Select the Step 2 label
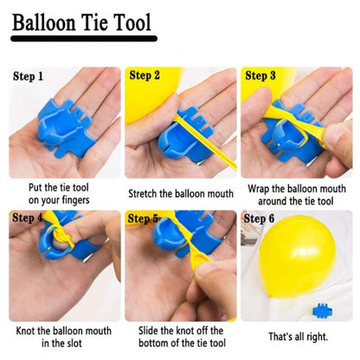[x=145, y=75]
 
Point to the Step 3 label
[x=260, y=75]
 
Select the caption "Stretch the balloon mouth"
[x=180, y=194]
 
